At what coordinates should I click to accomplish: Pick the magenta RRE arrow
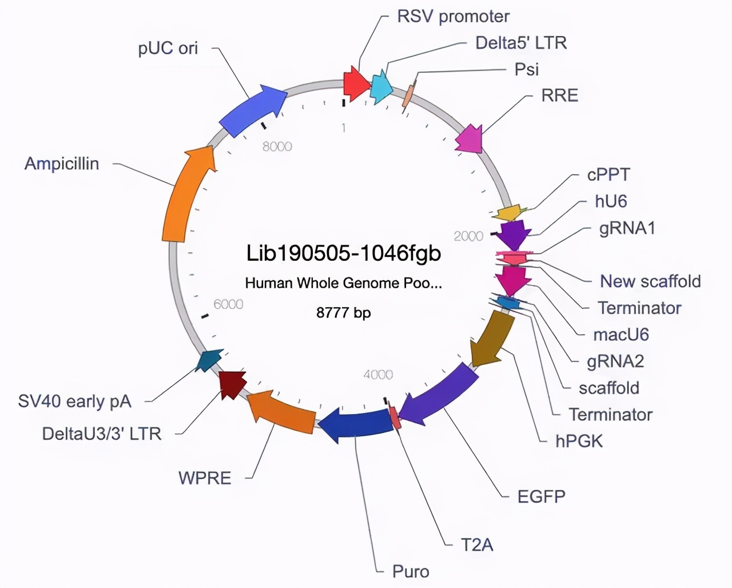[470, 138]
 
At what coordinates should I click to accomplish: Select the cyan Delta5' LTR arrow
[381, 88]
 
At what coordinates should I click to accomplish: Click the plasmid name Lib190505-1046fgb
[344, 252]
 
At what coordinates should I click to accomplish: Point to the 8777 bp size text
[344, 313]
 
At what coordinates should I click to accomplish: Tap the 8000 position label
[277, 146]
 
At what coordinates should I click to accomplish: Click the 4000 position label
[378, 375]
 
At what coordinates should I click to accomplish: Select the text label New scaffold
[650, 281]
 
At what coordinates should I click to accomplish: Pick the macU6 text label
[620, 334]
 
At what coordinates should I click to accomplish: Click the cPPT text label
[608, 174]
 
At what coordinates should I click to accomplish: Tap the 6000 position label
[228, 304]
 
